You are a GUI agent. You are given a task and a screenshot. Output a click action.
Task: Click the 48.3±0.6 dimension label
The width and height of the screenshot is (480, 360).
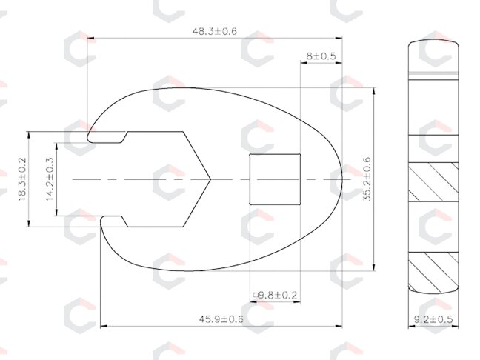[215, 31]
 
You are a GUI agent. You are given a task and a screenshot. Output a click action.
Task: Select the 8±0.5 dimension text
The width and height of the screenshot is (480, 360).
[321, 56]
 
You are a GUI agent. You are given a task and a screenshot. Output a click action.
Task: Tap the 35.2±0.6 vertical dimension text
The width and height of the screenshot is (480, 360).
[367, 179]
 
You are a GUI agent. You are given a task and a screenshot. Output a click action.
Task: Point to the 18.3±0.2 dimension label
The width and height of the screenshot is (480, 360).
[23, 179]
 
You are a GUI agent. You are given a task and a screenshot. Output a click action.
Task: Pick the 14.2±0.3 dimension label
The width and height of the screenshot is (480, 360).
[50, 179]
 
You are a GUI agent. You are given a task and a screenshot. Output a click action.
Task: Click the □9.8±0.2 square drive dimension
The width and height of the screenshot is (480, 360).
[275, 295]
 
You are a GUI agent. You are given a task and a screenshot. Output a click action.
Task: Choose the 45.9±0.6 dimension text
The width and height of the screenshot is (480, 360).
[221, 319]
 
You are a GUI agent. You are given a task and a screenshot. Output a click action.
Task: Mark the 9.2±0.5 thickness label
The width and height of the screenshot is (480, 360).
[433, 319]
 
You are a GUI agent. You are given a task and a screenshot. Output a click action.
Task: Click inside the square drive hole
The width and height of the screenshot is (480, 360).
[275, 179]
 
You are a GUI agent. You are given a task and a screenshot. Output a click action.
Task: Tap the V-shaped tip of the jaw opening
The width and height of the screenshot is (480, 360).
[210, 179]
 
